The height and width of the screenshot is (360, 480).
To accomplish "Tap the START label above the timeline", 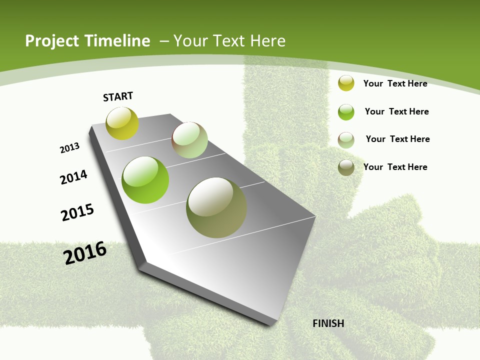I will click(x=118, y=96).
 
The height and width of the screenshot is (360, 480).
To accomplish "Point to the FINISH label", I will click(x=328, y=323).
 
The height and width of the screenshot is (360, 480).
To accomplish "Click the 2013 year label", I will click(x=69, y=148).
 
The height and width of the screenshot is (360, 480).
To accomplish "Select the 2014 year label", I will click(x=73, y=177).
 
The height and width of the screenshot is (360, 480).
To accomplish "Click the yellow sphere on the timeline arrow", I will click(x=122, y=123).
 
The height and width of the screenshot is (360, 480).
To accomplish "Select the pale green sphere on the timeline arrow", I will click(x=189, y=140).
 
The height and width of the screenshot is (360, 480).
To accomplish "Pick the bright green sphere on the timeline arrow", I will click(x=145, y=180).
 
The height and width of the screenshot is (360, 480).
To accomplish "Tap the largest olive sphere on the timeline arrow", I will click(x=216, y=207).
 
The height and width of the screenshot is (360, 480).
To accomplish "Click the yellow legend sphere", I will click(x=346, y=83).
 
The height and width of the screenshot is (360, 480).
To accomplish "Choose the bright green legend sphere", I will click(x=346, y=112).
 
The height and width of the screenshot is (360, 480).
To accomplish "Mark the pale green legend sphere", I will click(x=346, y=140).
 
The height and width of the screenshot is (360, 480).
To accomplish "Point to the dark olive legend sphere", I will click(x=346, y=167).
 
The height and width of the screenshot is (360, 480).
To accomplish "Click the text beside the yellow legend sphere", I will click(x=395, y=83).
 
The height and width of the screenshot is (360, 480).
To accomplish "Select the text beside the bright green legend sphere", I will click(x=396, y=111).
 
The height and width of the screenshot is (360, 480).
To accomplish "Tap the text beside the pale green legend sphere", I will click(x=397, y=139).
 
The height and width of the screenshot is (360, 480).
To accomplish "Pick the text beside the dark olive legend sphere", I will click(x=395, y=167).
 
